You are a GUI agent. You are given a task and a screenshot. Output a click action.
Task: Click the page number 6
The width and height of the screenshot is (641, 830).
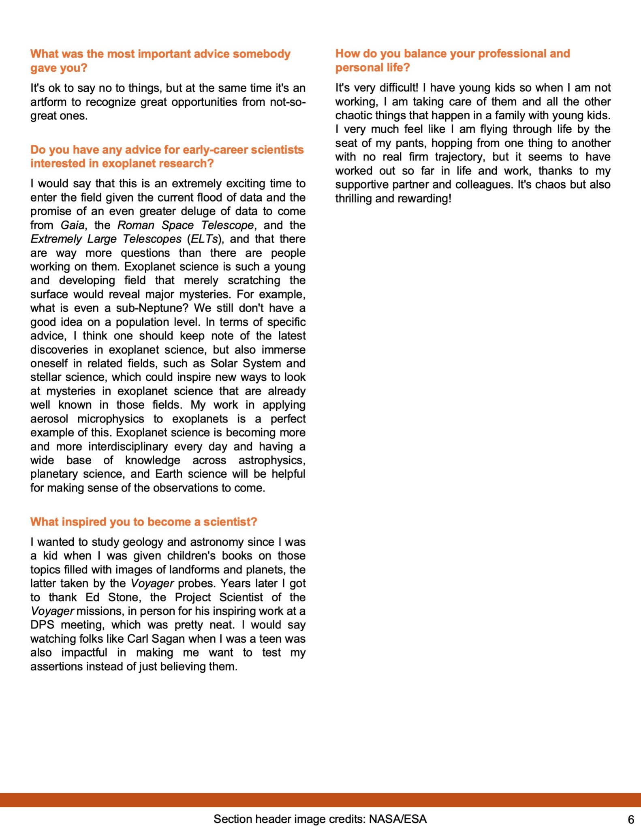(x=630, y=819)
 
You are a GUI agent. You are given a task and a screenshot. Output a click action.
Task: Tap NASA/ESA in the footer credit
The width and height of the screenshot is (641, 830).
(x=397, y=819)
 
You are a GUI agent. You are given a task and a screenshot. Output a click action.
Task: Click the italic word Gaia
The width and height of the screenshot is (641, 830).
(x=73, y=225)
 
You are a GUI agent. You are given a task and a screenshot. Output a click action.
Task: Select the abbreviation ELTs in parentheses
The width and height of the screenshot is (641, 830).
(x=204, y=239)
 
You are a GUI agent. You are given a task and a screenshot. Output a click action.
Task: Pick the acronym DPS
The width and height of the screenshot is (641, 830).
(x=42, y=625)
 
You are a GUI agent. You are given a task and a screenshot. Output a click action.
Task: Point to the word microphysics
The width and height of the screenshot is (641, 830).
(x=111, y=419)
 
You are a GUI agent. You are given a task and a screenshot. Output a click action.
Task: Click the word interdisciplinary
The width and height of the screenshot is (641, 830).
(x=128, y=446)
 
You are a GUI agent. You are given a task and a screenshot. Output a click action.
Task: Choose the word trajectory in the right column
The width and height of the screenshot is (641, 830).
(x=460, y=157)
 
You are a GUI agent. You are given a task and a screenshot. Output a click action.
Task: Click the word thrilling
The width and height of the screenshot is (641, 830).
(x=354, y=199)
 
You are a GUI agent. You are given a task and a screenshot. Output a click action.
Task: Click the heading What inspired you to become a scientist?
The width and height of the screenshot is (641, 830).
(x=143, y=522)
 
